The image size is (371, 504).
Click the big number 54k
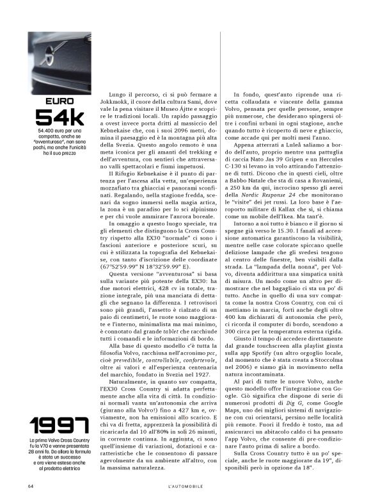[x=59, y=117]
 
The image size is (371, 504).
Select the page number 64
[x=31, y=486]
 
